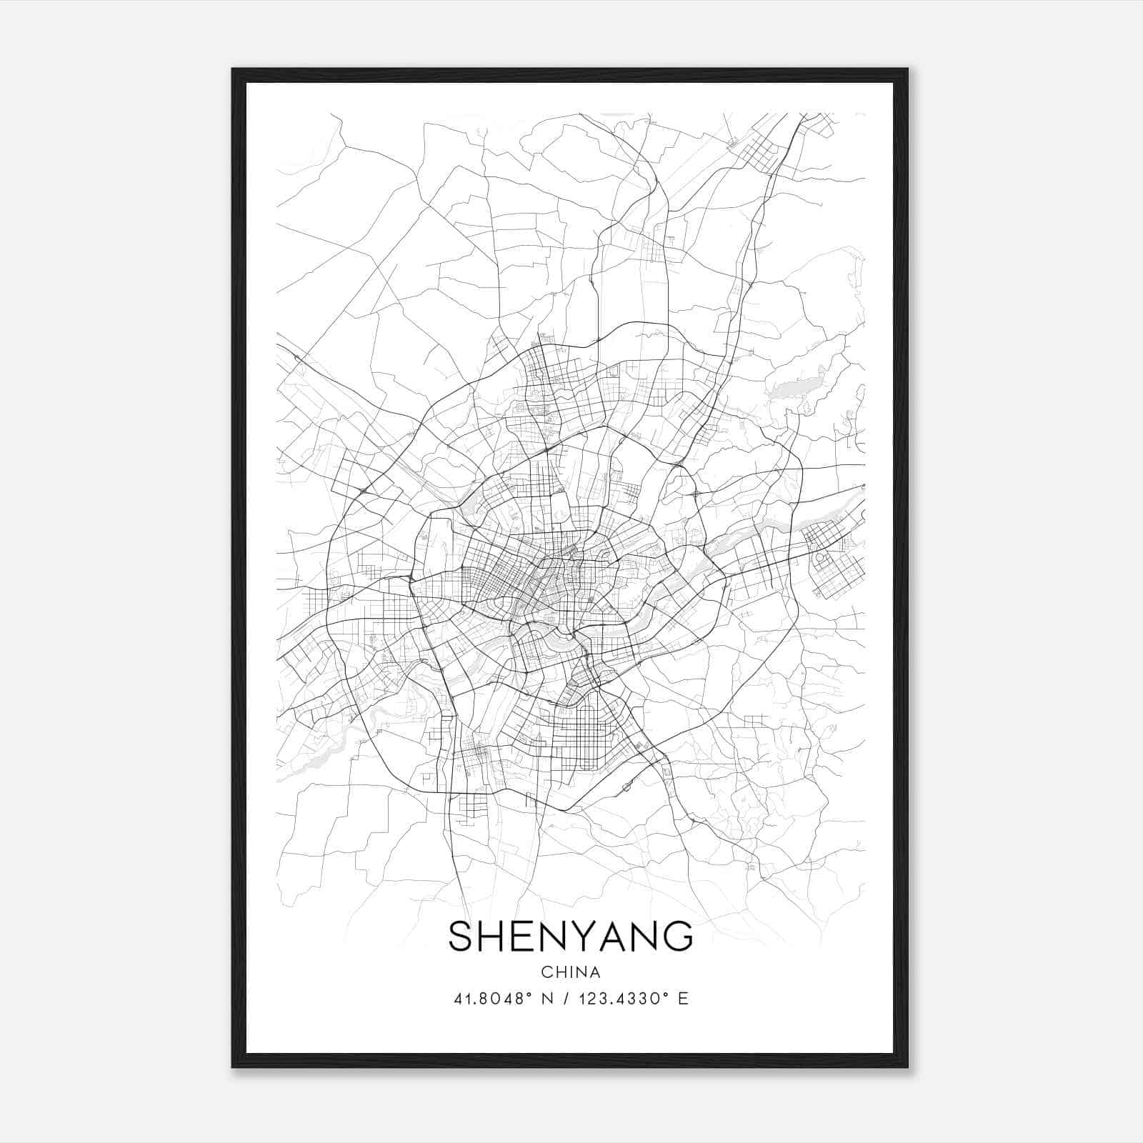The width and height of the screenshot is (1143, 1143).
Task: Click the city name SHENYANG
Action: click(x=570, y=937)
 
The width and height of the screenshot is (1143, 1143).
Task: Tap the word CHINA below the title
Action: click(x=571, y=972)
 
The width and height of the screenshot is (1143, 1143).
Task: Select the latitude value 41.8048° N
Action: click(x=504, y=999)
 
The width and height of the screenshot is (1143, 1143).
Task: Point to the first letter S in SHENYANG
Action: click(x=461, y=937)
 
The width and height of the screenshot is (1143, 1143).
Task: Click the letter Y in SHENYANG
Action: click(x=583, y=937)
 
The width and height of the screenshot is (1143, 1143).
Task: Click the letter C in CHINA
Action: click(x=546, y=972)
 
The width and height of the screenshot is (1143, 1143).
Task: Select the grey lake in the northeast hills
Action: click(x=784, y=389)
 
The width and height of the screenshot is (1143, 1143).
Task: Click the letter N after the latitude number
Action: click(x=548, y=999)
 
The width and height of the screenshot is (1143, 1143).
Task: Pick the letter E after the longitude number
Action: click(x=684, y=999)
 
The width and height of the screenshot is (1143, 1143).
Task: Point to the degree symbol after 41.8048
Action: click(x=531, y=994)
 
